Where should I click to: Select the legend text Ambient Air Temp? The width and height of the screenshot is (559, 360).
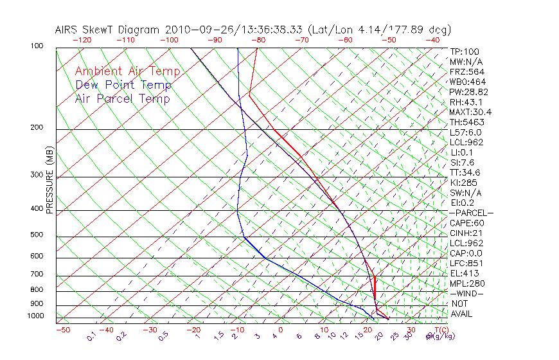(x=127, y=71)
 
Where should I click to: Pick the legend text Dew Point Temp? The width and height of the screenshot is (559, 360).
(x=123, y=85)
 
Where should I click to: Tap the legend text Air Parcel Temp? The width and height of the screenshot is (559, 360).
(x=122, y=98)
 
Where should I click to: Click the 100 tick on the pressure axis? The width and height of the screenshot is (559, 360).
(x=37, y=46)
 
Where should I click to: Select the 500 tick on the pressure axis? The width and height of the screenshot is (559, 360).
(x=37, y=235)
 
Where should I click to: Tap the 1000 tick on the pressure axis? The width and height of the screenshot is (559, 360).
(x=35, y=316)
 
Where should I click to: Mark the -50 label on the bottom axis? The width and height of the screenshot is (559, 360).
(x=62, y=330)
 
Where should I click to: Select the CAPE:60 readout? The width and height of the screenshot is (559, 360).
(x=466, y=223)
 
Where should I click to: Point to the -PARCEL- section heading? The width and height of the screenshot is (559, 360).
(x=471, y=213)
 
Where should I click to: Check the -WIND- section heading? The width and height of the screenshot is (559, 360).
(x=467, y=293)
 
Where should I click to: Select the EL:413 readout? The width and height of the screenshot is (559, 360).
(x=464, y=273)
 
